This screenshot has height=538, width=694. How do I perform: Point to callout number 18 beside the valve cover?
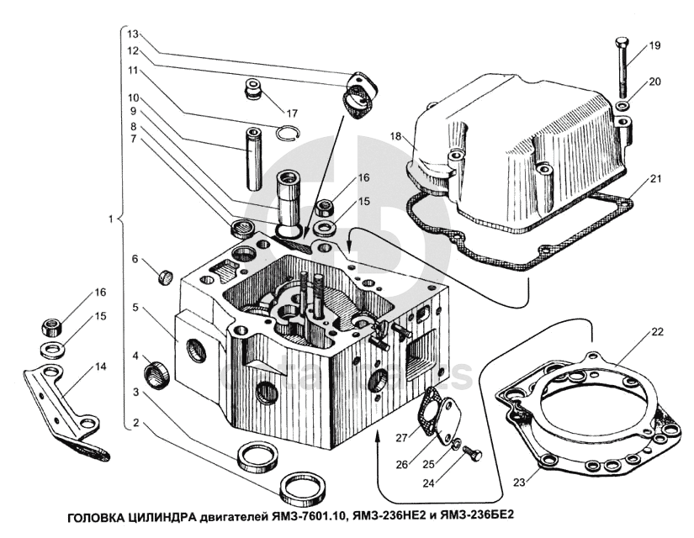395,135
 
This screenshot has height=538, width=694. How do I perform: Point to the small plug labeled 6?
166,275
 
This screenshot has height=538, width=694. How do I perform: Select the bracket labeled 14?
67,403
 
